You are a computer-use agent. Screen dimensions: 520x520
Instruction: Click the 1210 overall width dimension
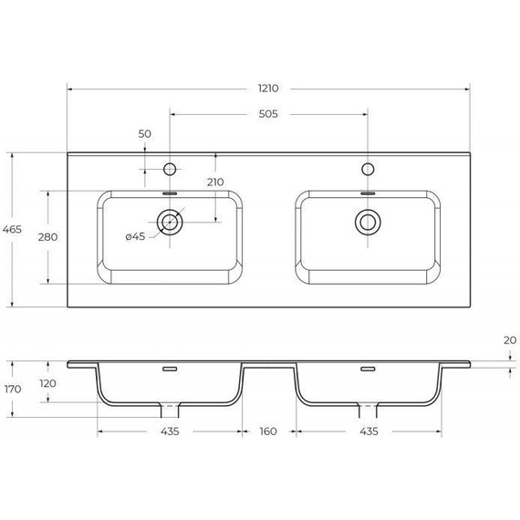point(267,89)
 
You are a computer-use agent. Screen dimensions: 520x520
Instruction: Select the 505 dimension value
point(268,115)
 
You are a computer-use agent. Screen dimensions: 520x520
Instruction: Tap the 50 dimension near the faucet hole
point(144,134)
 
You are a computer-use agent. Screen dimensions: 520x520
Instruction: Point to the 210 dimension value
point(215,182)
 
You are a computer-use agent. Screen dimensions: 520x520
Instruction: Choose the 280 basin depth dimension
point(47,237)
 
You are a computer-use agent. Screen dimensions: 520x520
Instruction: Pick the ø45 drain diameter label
point(135,237)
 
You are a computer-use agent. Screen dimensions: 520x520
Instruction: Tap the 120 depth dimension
point(47,384)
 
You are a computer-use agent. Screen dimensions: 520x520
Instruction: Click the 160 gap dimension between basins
point(267,431)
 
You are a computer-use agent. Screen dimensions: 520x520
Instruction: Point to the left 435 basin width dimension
point(170,431)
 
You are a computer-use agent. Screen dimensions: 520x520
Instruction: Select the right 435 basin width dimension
point(367,431)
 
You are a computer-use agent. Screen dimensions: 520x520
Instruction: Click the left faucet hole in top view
point(170,169)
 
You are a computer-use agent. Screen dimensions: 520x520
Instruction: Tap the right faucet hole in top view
point(368,169)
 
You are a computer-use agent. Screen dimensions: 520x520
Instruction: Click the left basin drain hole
point(170,221)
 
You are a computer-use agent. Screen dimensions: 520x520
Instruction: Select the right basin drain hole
point(368,221)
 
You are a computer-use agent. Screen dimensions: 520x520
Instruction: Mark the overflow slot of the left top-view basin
point(170,193)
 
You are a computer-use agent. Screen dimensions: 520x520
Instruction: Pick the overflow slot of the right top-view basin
point(368,193)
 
